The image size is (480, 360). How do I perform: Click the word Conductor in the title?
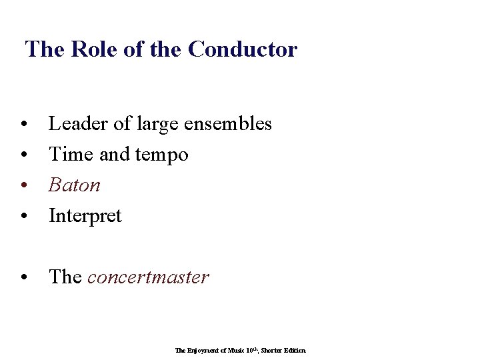(x=243, y=49)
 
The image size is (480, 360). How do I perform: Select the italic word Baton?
(x=75, y=185)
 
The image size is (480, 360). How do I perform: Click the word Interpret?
(x=85, y=217)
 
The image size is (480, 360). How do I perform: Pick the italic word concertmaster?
(x=148, y=277)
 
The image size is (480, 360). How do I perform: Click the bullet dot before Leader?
(x=24, y=125)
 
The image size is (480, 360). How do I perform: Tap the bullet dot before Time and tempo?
(x=24, y=156)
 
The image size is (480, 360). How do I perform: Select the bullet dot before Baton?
(x=24, y=187)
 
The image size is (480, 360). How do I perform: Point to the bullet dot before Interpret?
(x=24, y=217)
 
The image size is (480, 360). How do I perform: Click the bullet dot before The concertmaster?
(x=24, y=279)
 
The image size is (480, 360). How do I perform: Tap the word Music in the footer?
(x=234, y=350)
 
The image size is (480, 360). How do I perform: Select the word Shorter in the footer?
(x=273, y=350)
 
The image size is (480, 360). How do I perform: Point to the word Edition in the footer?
(x=295, y=350)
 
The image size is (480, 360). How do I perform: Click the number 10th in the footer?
(x=251, y=350)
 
